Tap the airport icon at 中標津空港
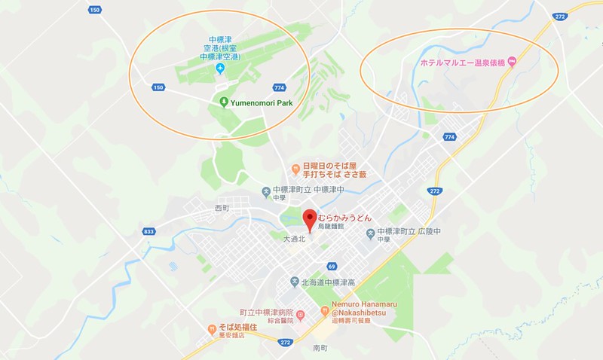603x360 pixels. tap(220, 70)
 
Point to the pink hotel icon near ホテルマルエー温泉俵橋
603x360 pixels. tap(513, 61)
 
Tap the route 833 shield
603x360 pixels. tap(148, 231)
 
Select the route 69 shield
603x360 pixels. tap(332, 266)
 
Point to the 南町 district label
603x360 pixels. tap(320, 349)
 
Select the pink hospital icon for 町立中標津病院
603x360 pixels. tap(301, 314)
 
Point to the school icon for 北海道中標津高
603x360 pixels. tap(295, 282)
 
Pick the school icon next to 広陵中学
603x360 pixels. tap(369, 233)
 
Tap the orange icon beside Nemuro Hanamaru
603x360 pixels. tap(324, 308)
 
